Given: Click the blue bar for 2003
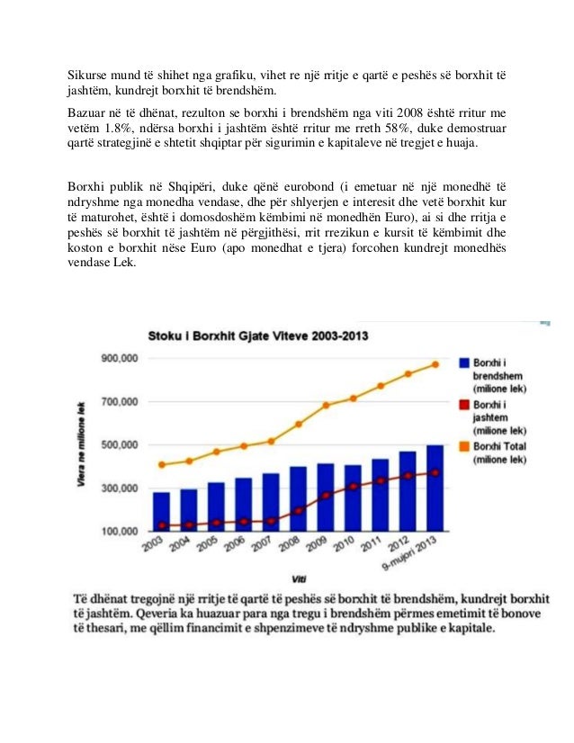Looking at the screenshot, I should [161, 511].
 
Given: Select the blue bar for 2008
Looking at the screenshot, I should [298, 498].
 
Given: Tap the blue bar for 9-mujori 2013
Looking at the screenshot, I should [434, 488].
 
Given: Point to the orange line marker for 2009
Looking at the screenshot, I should [326, 406].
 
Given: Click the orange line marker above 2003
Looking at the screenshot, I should [161, 465].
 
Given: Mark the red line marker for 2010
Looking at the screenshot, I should [353, 487].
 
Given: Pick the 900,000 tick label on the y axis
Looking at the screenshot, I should [117, 358].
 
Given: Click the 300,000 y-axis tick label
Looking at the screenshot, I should [117, 488].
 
